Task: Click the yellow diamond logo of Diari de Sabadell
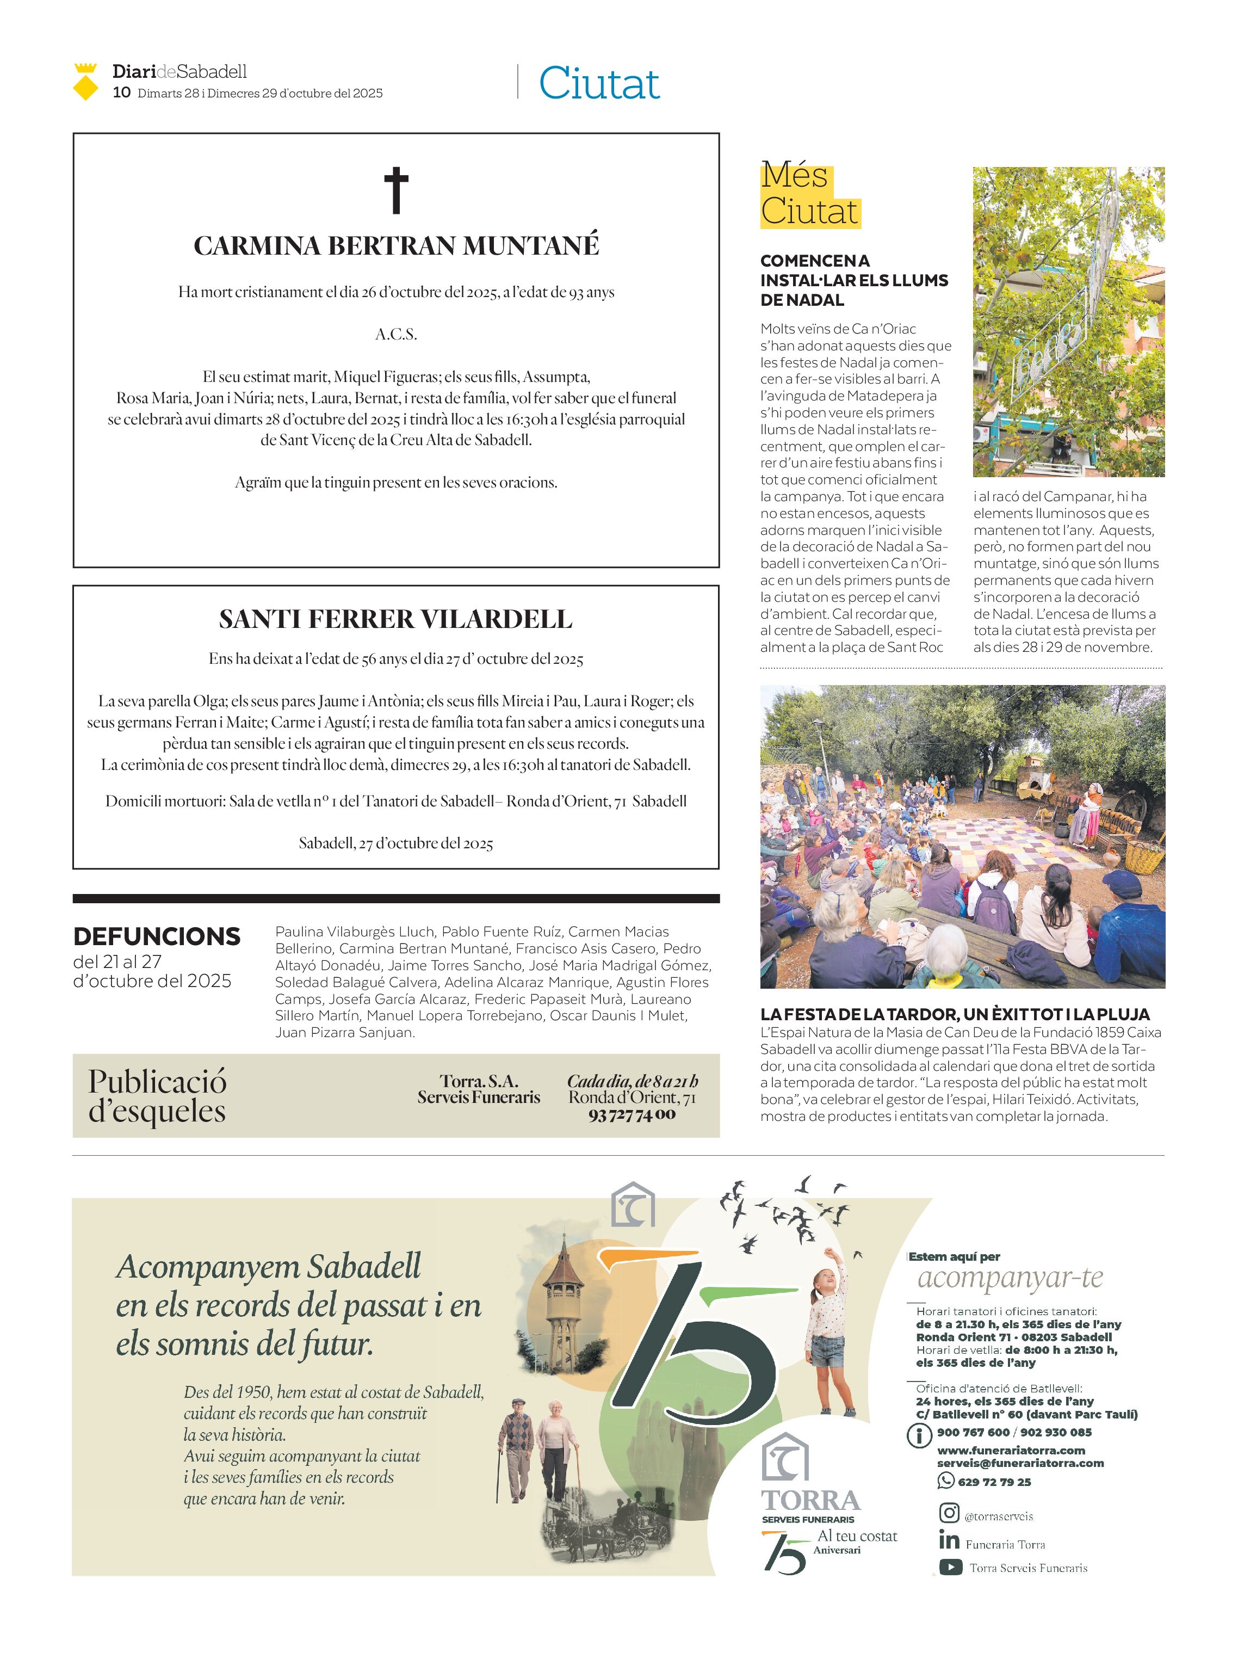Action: (x=85, y=83)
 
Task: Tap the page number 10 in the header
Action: (x=121, y=92)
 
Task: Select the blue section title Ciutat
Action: (x=599, y=83)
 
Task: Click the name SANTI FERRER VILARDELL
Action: (x=395, y=619)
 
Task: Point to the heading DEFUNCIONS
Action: (x=157, y=936)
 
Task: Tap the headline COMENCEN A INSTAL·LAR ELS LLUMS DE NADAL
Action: (x=853, y=280)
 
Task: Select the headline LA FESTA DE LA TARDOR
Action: (x=954, y=1014)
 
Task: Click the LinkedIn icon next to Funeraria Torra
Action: (x=949, y=1540)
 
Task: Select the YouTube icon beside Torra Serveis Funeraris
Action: (x=950, y=1567)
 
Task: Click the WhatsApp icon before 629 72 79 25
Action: (x=945, y=1480)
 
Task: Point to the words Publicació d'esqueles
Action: (x=157, y=1095)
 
